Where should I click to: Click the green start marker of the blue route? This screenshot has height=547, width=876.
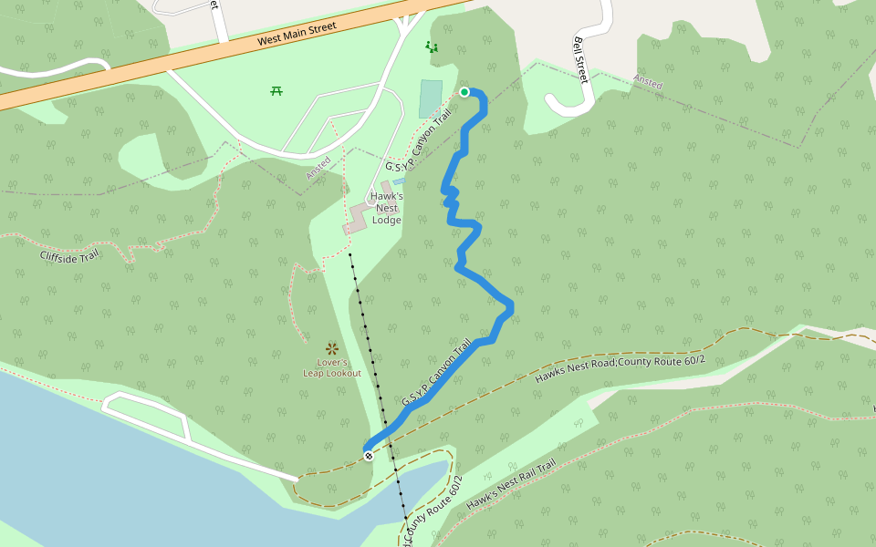pyautogui.click(x=464, y=92)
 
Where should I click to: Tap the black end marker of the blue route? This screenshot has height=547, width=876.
pyautogui.click(x=369, y=455)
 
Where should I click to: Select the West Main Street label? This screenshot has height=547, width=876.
pyautogui.click(x=297, y=35)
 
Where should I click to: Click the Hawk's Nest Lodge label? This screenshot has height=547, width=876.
pyautogui.click(x=387, y=208)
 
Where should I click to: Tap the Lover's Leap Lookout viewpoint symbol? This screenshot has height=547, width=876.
pyautogui.click(x=332, y=348)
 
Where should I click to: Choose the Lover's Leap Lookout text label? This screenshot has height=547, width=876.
pyautogui.click(x=332, y=368)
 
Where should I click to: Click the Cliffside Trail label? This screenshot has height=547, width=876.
pyautogui.click(x=69, y=254)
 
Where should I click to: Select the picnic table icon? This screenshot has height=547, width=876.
pyautogui.click(x=276, y=90)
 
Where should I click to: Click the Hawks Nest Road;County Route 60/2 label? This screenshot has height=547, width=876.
pyautogui.click(x=620, y=363)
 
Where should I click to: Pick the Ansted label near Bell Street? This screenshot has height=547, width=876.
pyautogui.click(x=648, y=83)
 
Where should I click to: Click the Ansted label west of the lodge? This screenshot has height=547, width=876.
pyautogui.click(x=318, y=168)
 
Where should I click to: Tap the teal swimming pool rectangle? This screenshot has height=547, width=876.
pyautogui.click(x=431, y=98)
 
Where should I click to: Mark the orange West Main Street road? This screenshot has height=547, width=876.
pyautogui.click(x=137, y=67)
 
